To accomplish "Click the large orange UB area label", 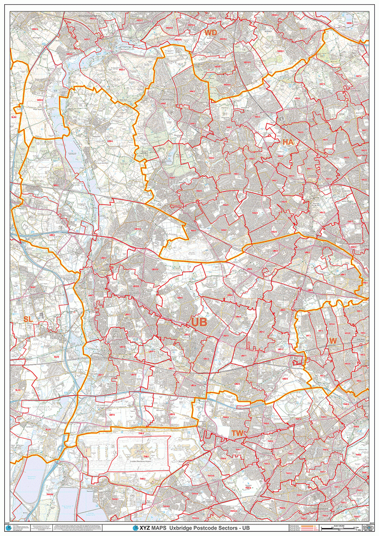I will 199,322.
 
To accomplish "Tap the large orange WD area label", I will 210,33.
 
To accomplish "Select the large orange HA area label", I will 288,142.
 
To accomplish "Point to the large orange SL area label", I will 28,319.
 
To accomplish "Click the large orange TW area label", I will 238,433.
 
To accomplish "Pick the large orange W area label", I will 332,341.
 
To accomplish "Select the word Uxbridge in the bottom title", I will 183,528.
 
